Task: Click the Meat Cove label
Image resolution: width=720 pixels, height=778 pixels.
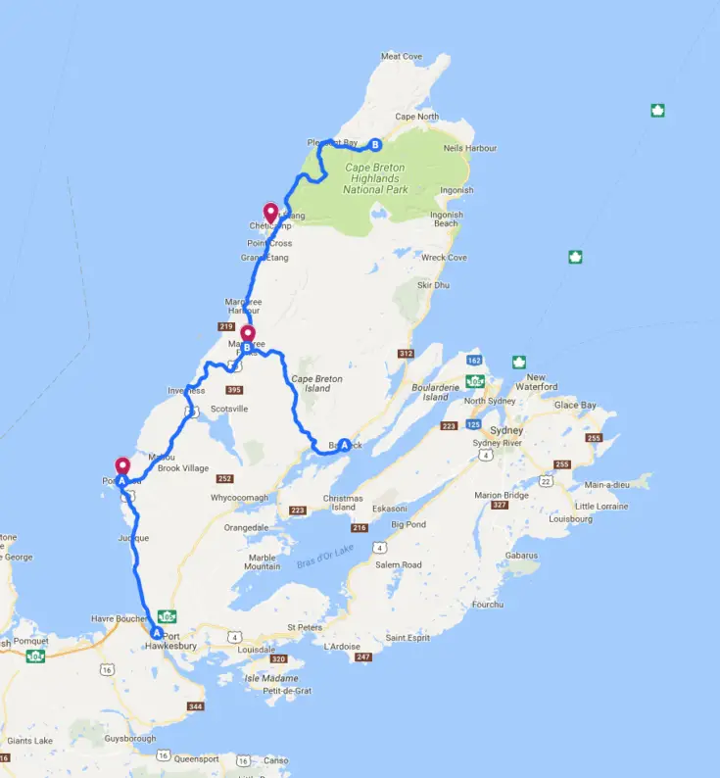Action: click(401, 57)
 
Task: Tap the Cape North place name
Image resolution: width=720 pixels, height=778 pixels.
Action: click(416, 117)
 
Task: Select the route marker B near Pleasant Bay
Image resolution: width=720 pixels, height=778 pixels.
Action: click(374, 146)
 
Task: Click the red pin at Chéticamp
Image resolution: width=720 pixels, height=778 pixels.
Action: click(271, 211)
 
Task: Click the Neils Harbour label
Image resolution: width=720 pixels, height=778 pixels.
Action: click(469, 148)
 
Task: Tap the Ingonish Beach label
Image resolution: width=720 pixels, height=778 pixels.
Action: click(446, 219)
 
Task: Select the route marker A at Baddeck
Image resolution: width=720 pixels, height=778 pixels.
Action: click(344, 445)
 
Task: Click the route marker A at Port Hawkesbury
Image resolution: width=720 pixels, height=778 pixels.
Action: click(156, 633)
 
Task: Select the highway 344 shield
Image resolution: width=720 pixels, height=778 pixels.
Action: click(195, 706)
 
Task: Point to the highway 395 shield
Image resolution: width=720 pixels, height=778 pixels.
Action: click(233, 390)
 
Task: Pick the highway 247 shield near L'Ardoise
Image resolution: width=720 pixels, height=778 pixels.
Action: click(364, 656)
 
